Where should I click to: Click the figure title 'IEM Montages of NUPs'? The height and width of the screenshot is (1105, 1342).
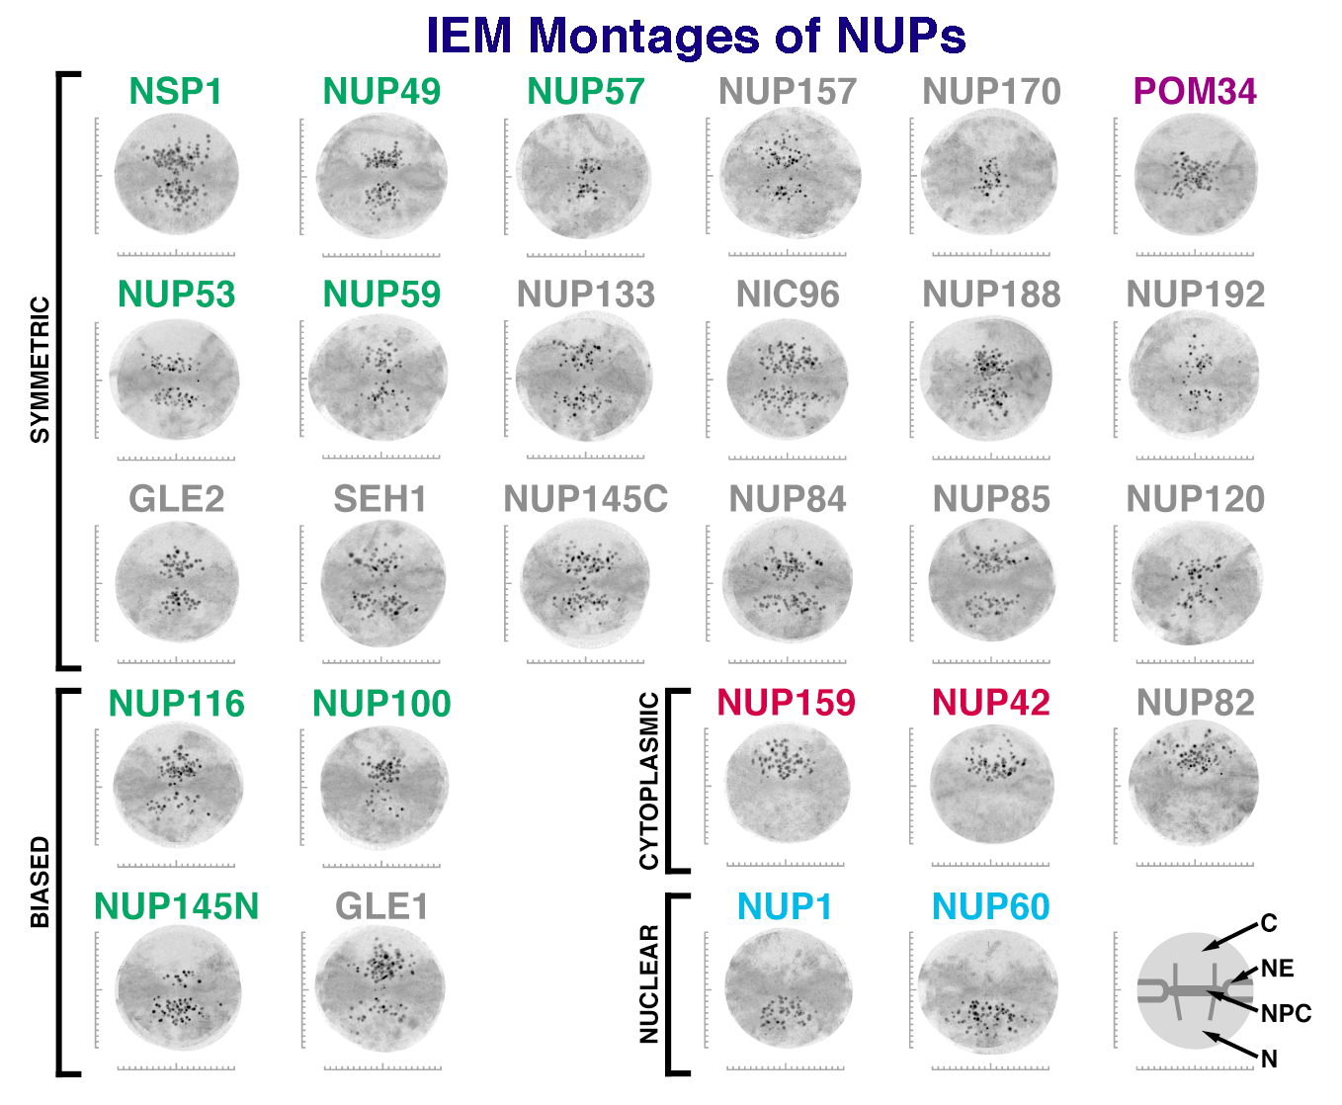click(x=696, y=35)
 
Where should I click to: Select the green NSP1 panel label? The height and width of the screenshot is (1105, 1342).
click(x=176, y=91)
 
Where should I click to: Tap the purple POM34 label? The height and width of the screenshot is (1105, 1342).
click(x=1195, y=91)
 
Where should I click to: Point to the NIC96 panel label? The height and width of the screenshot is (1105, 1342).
click(x=788, y=295)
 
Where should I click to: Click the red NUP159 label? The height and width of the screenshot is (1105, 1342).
click(x=787, y=703)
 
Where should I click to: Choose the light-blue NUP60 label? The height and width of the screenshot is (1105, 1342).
click(x=991, y=906)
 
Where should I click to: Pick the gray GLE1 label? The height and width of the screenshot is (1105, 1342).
click(x=381, y=906)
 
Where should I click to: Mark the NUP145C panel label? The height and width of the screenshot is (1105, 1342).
click(x=585, y=498)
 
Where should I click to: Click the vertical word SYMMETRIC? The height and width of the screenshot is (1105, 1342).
click(x=41, y=370)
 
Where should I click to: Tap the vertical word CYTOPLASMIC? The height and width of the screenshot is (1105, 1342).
click(x=648, y=781)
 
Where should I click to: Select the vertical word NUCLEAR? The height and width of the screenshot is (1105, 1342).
click(x=648, y=984)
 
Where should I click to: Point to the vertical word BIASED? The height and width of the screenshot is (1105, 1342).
click(x=41, y=883)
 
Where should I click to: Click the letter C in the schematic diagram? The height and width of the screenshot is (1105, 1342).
click(x=1269, y=923)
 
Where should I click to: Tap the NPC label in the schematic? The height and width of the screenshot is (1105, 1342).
click(x=1286, y=1013)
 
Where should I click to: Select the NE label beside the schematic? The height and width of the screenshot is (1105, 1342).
click(x=1277, y=969)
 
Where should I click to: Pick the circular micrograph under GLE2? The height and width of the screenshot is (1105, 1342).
click(x=177, y=582)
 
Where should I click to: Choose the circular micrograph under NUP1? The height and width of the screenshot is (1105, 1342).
click(x=788, y=988)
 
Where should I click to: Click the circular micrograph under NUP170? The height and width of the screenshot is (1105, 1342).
click(x=989, y=174)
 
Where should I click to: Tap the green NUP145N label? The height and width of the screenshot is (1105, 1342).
click(x=176, y=906)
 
